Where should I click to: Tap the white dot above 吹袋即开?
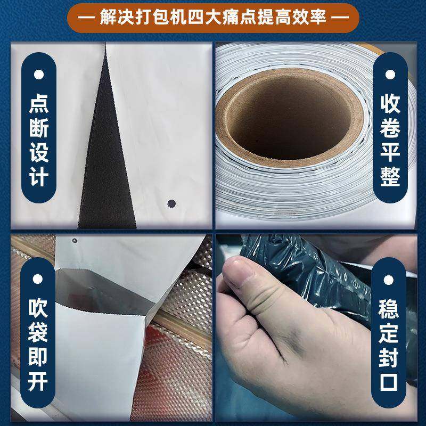pyautogui.click(x=38, y=279)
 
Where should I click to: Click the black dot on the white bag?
pyautogui.click(x=171, y=202)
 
